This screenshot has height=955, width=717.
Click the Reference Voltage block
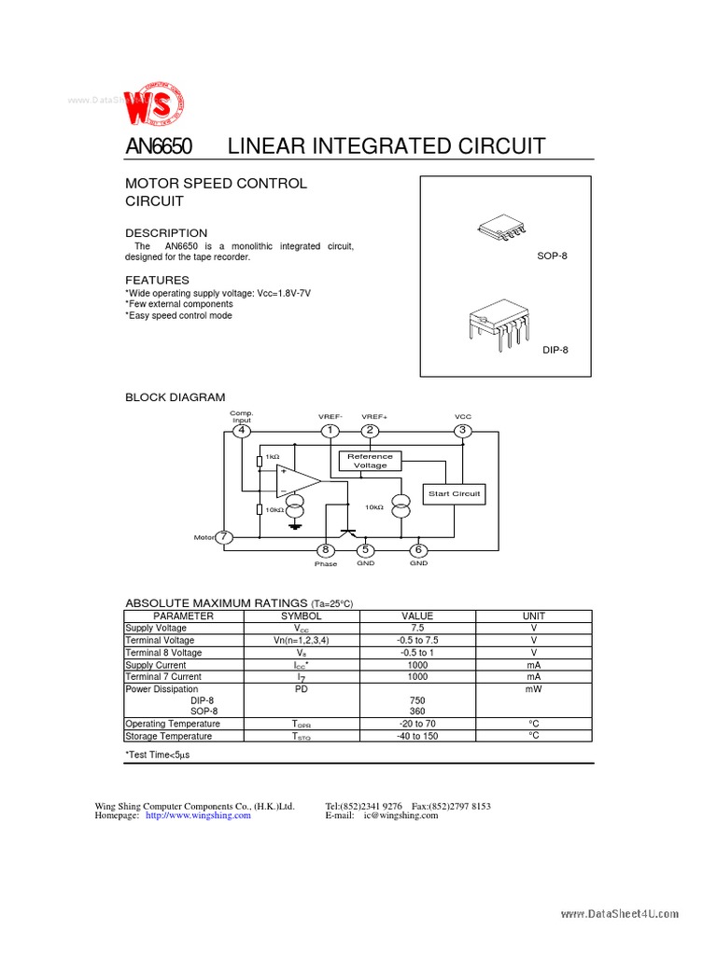tap(370, 461)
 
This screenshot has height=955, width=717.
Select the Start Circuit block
tap(454, 493)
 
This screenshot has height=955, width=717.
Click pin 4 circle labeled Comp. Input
tap(242, 431)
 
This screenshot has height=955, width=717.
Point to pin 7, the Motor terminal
tap(224, 538)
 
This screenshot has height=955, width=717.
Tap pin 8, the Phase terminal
tap(326, 551)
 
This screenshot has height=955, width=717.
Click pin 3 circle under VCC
tap(462, 431)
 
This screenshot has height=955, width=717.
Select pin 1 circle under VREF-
tap(330, 431)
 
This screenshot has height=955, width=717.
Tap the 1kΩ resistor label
tap(272, 457)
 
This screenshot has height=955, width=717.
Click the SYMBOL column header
tap(301, 616)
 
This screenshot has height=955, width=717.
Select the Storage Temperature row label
tap(173, 736)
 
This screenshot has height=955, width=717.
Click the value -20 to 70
tap(417, 724)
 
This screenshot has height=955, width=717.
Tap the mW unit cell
tap(534, 688)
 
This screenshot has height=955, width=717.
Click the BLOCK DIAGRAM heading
tap(176, 397)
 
